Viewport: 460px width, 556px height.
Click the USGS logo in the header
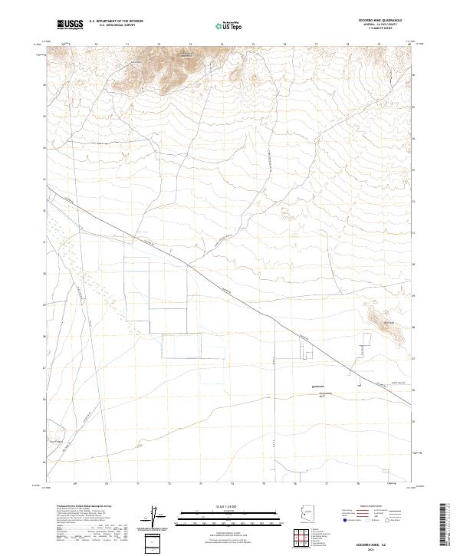[x=71, y=25]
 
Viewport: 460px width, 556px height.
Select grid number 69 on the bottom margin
[x=75, y=484]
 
